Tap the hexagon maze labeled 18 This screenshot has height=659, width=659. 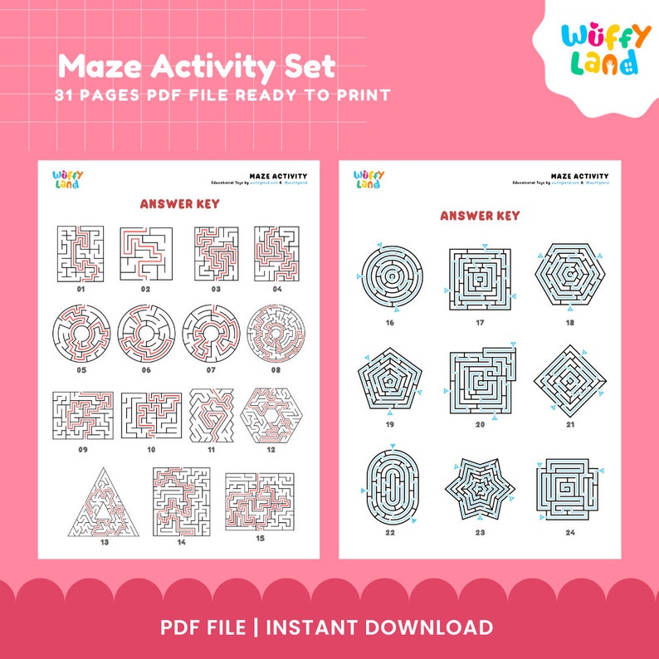pos(569,275)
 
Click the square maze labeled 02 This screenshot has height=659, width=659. pos(145,253)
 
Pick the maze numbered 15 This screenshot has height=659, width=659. pos(259,503)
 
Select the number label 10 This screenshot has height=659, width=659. pos(151,449)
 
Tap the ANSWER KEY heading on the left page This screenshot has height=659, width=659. pos(179,204)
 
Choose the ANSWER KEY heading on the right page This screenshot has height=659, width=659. pos(480,216)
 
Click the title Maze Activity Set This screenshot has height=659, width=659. pos(196,66)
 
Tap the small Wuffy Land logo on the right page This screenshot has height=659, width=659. pos(369,179)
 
